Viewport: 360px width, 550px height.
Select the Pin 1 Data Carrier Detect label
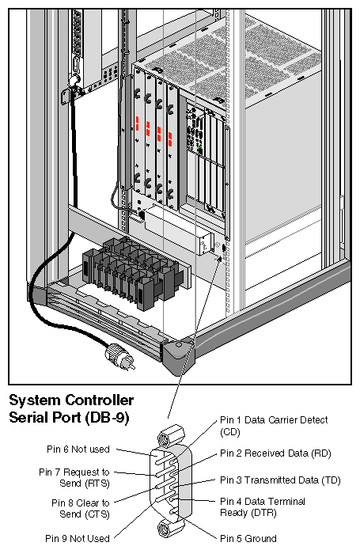(273, 425)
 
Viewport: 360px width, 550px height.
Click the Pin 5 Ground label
(248, 538)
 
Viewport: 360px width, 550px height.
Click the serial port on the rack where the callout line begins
(223, 248)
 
